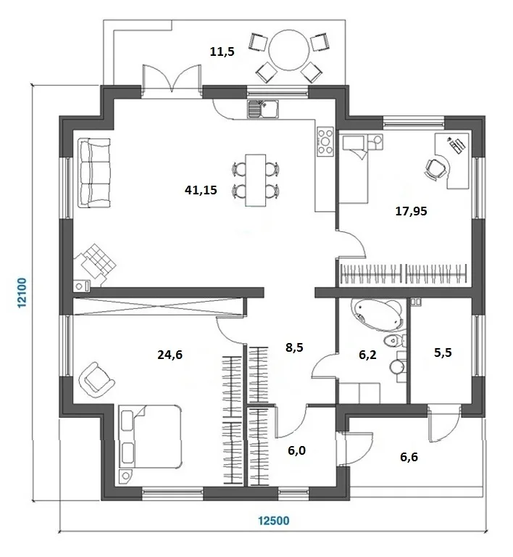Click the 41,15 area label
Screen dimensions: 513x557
click(x=201, y=190)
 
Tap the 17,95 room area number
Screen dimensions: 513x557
click(x=411, y=211)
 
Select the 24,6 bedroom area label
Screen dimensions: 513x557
click(x=170, y=355)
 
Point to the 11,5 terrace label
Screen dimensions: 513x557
click(x=222, y=51)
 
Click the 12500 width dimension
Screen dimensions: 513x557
click(x=273, y=521)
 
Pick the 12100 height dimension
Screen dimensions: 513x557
click(x=22, y=293)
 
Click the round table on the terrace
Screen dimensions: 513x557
click(x=289, y=50)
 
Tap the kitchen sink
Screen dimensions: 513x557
click(x=263, y=108)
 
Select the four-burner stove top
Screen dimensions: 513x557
click(x=325, y=141)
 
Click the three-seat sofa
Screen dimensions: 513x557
click(x=95, y=173)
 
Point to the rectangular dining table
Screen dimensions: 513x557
click(x=256, y=180)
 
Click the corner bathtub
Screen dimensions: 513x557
click(x=377, y=313)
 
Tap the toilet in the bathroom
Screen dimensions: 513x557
click(x=395, y=341)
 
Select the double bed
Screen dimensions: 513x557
click(x=151, y=436)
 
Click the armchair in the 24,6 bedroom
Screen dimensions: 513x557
click(x=96, y=379)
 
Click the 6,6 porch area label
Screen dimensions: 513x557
click(x=409, y=457)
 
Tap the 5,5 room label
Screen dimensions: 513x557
click(x=443, y=352)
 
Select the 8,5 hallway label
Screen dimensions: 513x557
click(x=294, y=347)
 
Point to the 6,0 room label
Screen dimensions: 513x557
click(x=296, y=450)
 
